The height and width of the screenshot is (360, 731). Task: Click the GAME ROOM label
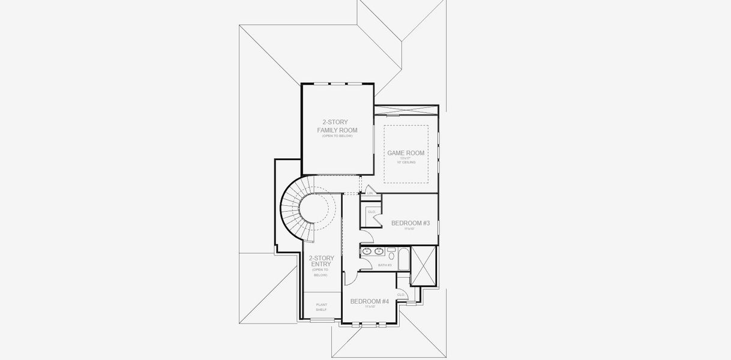(406, 153)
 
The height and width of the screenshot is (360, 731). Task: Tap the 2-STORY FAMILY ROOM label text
(337, 126)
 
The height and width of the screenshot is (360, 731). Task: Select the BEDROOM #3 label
(411, 223)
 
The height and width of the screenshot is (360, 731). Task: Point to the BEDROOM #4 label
(370, 301)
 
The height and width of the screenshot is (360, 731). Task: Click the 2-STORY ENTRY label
(321, 261)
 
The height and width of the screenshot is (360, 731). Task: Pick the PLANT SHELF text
(321, 307)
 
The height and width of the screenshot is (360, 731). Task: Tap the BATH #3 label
(385, 265)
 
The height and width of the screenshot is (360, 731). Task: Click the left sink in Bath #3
(367, 251)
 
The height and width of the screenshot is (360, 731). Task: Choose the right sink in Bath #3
(379, 251)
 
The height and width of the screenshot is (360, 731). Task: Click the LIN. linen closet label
(370, 193)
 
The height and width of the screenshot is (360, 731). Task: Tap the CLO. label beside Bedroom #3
(372, 212)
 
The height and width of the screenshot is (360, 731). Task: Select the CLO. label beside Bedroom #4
(400, 295)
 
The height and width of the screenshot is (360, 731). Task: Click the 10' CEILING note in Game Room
(406, 163)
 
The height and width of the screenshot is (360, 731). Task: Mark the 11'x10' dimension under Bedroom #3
(410, 229)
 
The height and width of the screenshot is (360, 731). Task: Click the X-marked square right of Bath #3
(423, 265)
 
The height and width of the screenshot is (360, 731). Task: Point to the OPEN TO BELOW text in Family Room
(337, 136)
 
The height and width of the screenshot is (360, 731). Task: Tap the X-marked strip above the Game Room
(406, 110)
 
